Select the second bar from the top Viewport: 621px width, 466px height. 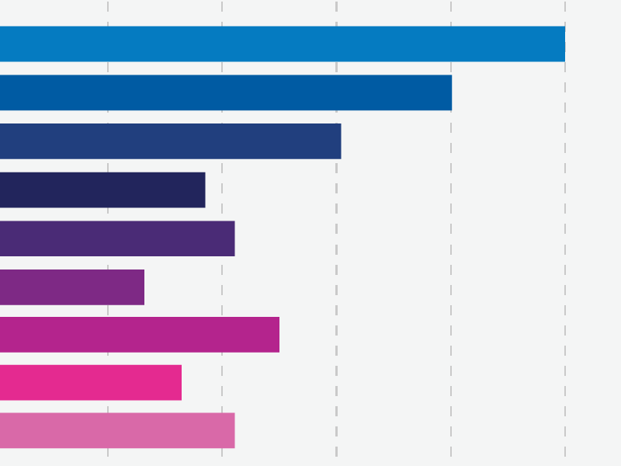(226, 92)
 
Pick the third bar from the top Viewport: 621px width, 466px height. (171, 141)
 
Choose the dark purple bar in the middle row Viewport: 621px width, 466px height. (117, 238)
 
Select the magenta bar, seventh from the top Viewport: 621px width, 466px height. (140, 335)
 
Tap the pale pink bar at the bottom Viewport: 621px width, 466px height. (117, 430)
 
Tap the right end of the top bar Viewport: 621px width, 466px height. (563, 43)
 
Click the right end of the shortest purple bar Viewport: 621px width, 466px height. (142, 287)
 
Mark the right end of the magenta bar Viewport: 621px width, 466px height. (277, 335)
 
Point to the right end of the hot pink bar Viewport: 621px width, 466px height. (179, 383)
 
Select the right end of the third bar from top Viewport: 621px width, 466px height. (338, 141)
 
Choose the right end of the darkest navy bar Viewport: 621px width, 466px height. (203, 190)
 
